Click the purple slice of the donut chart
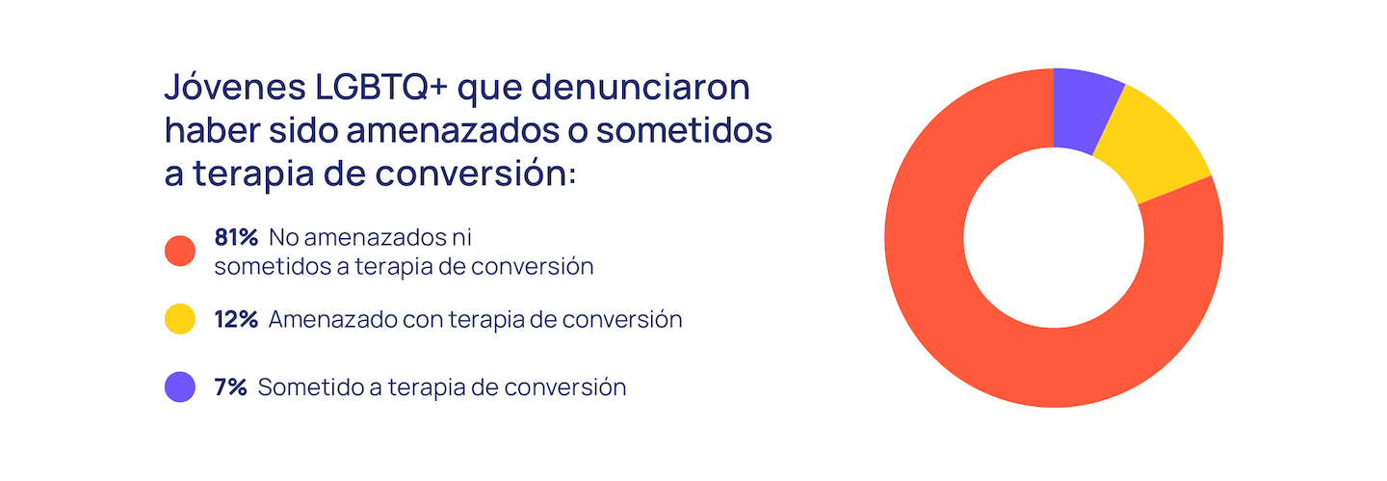(x=1085, y=110)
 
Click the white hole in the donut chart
(x=1054, y=238)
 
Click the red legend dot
(x=180, y=251)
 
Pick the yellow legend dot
(x=180, y=319)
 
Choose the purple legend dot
(x=180, y=387)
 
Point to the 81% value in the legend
(x=236, y=237)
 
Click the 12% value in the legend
(x=236, y=319)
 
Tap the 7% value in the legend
(x=230, y=387)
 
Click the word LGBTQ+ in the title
(x=380, y=87)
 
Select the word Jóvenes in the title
(x=235, y=87)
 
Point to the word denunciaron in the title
(x=641, y=87)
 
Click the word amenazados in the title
(x=454, y=130)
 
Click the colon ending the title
(x=572, y=174)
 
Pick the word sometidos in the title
(x=684, y=130)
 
